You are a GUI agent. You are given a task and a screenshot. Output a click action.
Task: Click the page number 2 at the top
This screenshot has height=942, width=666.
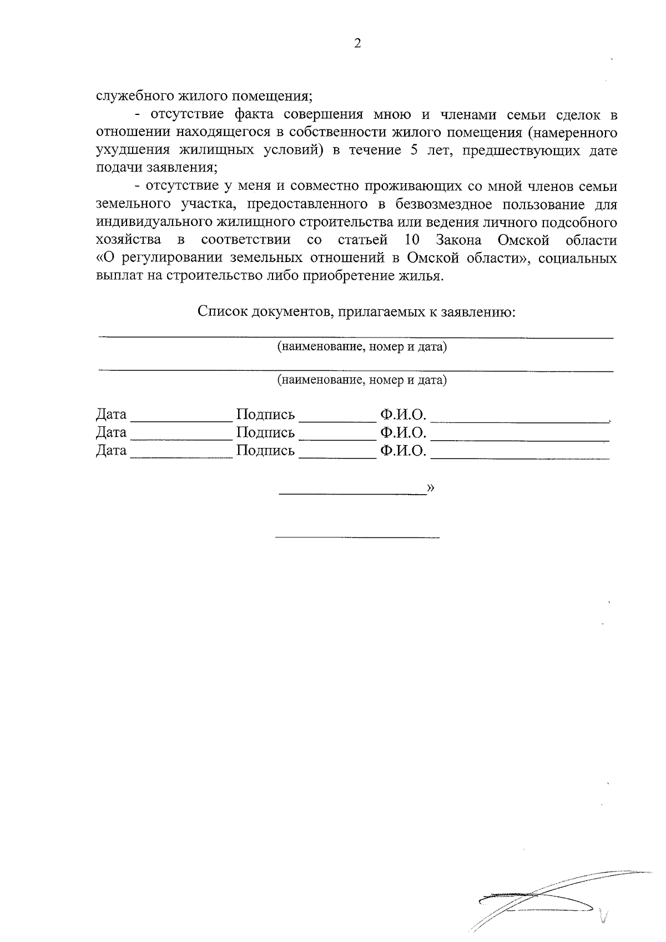point(357,44)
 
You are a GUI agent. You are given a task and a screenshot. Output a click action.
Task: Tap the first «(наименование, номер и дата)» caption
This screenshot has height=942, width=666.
point(362,347)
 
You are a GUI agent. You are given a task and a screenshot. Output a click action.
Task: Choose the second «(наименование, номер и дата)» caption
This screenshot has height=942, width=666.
point(362,380)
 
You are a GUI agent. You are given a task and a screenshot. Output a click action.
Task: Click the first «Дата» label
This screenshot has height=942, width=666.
point(111,414)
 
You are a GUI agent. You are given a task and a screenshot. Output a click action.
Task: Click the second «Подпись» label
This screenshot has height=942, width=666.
point(265,432)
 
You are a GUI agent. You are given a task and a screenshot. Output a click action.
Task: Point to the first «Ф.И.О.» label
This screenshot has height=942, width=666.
point(403,414)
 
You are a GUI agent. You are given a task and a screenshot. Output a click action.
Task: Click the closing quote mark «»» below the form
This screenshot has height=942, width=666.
point(431,487)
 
